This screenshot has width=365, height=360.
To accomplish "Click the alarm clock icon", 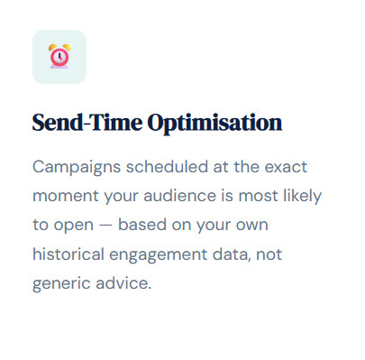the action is pos(59,57).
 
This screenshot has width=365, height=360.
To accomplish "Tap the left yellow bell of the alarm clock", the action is pos(52,48).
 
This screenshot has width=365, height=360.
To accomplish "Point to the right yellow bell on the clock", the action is pos(67,48).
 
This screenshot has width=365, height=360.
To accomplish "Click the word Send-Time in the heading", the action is pos(87,123).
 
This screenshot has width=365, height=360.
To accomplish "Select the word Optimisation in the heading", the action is pos(214,123).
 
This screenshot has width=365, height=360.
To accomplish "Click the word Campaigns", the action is pos(77,167).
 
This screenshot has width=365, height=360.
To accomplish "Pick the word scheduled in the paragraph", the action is pos(167,167).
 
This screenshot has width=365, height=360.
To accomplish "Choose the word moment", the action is pos(66,197).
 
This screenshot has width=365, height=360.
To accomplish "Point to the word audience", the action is pos(179,196).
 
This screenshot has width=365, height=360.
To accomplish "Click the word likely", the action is pos(303,197).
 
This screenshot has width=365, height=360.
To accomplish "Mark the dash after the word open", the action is pos(105,226).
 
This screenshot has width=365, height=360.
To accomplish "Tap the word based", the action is pos(142,225).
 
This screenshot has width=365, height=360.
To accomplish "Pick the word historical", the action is pos(68,254).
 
